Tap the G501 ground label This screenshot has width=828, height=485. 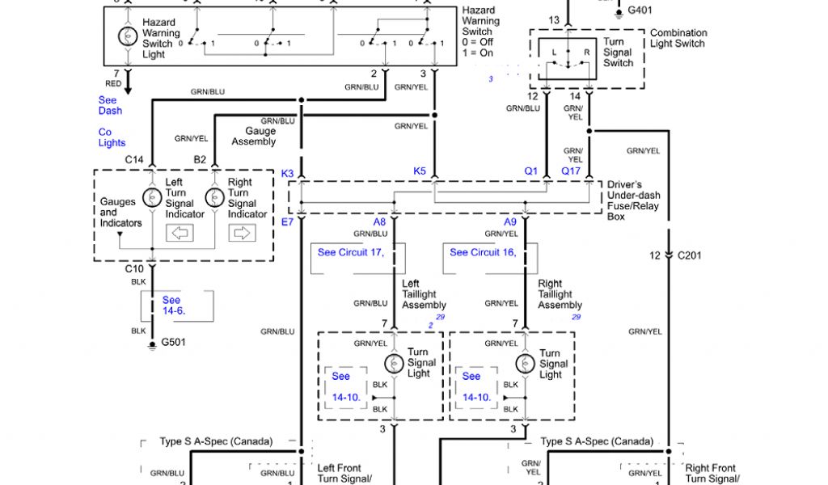(173, 342)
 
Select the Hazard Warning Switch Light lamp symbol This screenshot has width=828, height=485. (128, 36)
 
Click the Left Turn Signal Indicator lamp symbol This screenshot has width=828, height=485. (151, 197)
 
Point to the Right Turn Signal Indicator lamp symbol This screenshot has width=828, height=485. (214, 197)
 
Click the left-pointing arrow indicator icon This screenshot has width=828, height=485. (179, 234)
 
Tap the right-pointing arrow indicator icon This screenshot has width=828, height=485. (241, 234)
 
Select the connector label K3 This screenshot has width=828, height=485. (288, 173)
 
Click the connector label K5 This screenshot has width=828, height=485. (420, 171)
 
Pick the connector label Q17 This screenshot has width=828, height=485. (572, 171)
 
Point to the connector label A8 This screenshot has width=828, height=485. (379, 222)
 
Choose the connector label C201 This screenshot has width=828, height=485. (690, 255)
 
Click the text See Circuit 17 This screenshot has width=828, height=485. (350, 252)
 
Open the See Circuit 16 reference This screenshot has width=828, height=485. (483, 252)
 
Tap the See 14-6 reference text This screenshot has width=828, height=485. (171, 306)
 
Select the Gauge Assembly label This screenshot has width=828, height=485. (254, 137)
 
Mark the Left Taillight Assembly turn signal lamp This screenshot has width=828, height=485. (394, 363)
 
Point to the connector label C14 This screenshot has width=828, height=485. (134, 160)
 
